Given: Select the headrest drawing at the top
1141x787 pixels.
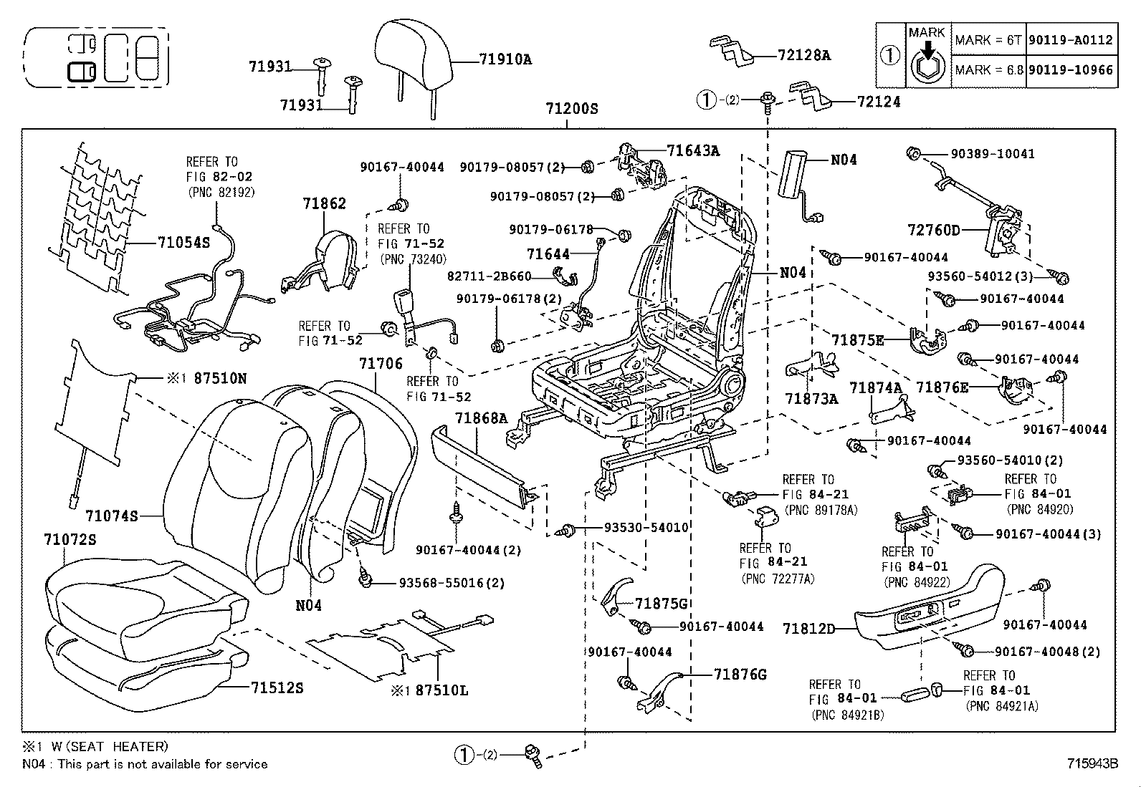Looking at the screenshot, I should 413,54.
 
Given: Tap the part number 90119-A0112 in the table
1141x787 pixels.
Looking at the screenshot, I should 1071,40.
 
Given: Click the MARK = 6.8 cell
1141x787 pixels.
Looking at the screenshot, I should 988,70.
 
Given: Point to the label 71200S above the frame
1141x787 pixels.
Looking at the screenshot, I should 571,110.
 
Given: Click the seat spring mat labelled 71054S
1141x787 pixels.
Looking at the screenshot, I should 183,242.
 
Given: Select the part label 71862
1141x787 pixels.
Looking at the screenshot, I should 324,203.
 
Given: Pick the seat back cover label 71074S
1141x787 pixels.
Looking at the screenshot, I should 111,515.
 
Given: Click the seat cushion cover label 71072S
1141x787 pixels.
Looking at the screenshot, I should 70,539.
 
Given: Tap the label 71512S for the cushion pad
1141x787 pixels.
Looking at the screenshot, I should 277,688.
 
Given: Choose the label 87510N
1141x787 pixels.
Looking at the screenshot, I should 219,378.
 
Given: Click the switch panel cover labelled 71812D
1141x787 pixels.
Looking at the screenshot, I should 809,629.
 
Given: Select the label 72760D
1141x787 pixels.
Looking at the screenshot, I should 934,230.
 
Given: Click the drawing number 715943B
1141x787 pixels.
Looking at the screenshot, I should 1092,763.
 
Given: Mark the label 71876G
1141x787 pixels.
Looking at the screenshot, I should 740,675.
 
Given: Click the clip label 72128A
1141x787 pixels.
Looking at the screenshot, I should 804,55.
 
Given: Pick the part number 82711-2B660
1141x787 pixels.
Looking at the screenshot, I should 489,276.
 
